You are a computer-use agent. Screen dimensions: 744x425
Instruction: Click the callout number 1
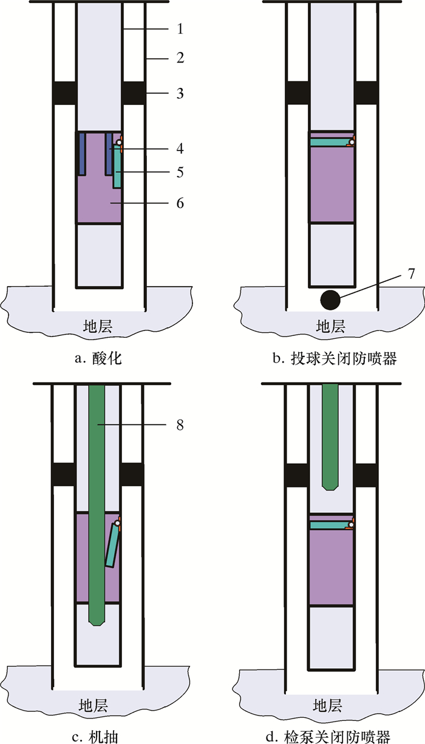pos(180,28)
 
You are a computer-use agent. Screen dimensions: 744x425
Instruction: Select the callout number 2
pos(180,59)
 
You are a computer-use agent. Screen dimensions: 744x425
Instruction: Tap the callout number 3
pos(180,93)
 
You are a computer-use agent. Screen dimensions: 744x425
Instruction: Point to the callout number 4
pos(180,148)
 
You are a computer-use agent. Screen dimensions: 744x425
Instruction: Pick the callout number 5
pos(180,173)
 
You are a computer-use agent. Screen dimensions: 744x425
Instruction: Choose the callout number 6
pos(180,203)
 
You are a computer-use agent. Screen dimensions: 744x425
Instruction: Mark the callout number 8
pos(180,425)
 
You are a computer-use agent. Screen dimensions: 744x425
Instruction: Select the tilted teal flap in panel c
pos(112,546)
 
